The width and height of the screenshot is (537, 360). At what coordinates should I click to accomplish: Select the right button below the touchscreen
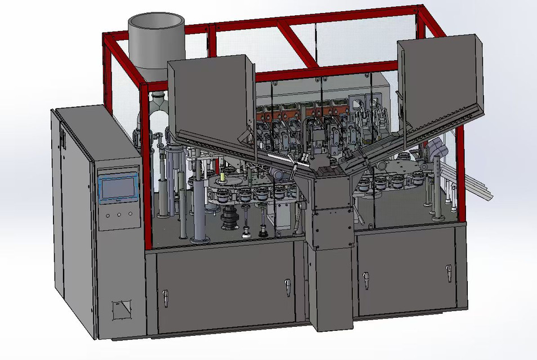point(130,213)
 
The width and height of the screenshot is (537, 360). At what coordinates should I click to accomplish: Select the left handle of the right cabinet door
point(366,279)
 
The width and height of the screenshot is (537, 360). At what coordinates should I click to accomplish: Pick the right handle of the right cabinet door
point(449,272)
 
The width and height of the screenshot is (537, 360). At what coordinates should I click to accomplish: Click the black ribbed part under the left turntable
point(230,220)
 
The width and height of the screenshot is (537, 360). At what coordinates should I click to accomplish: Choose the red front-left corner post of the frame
point(147,169)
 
